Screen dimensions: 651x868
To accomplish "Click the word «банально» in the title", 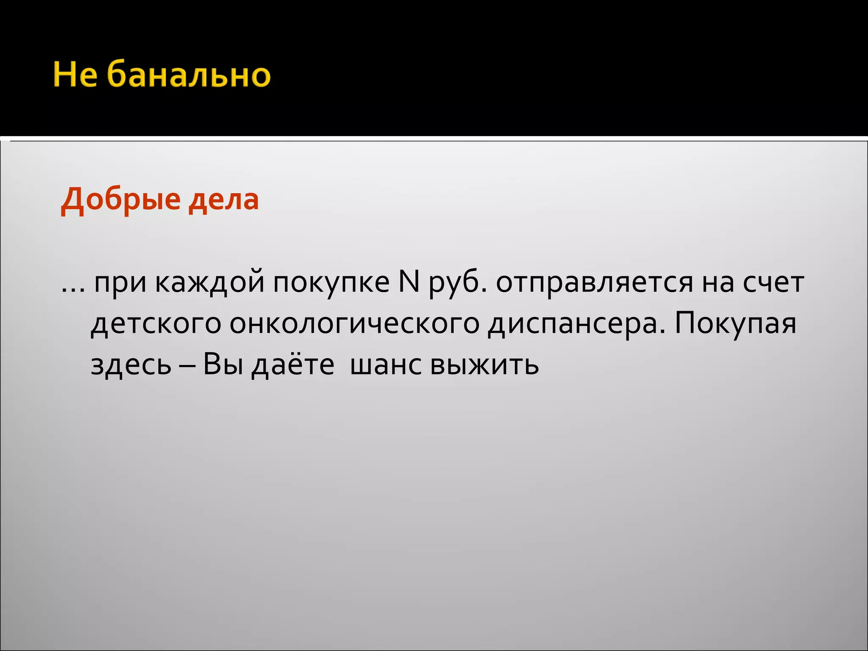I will tap(188, 75).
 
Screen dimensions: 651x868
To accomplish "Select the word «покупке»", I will tap(331, 283).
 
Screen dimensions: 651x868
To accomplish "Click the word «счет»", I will tap(773, 283).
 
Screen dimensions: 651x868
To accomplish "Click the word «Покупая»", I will tap(735, 323).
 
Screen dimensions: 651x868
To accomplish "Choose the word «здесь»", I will tap(131, 364).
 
